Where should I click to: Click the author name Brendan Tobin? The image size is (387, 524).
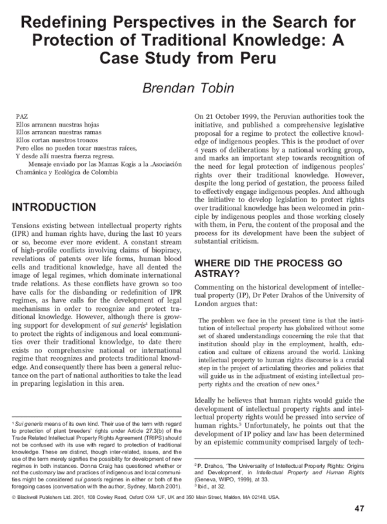(193, 87)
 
